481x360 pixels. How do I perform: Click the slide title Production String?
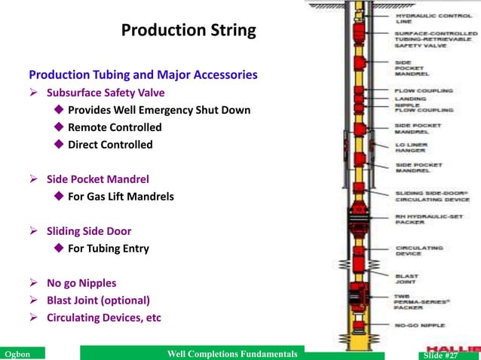(x=188, y=31)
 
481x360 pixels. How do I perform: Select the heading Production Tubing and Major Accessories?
(x=143, y=75)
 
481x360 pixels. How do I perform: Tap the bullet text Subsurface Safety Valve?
(x=106, y=93)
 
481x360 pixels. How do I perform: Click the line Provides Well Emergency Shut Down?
(x=159, y=110)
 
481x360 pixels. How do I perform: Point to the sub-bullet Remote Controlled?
(x=115, y=127)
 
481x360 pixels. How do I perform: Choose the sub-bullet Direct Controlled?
(x=110, y=145)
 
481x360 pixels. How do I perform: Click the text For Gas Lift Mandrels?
(x=121, y=197)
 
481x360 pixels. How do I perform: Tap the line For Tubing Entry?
(x=109, y=249)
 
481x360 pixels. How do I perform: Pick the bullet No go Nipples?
(x=81, y=283)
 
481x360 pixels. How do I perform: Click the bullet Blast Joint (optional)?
(x=98, y=300)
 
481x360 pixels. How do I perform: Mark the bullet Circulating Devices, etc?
(x=104, y=317)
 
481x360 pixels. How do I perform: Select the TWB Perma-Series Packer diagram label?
(x=422, y=302)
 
